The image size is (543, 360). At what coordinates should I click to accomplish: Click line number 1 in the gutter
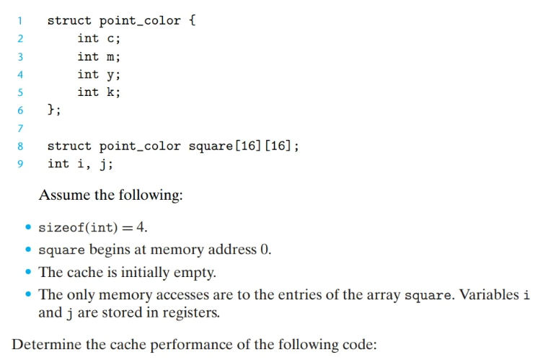(x=20, y=20)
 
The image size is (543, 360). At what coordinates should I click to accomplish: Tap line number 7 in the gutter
(x=20, y=128)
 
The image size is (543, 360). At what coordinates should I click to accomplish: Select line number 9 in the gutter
(x=20, y=164)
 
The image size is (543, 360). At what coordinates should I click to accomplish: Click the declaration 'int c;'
(x=99, y=38)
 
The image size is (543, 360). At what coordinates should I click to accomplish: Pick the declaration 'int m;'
(x=99, y=56)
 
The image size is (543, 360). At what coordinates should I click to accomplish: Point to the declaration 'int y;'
(x=99, y=74)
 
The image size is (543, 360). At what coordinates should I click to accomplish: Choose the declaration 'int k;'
(x=99, y=92)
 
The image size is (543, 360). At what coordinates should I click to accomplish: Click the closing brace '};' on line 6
(x=54, y=110)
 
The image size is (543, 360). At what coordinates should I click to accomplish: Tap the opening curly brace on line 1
(x=192, y=20)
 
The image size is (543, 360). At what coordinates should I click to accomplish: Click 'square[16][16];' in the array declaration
(x=244, y=146)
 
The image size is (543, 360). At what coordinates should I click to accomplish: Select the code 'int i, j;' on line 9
(x=79, y=164)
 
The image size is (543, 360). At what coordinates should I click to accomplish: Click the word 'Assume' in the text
(x=63, y=196)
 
